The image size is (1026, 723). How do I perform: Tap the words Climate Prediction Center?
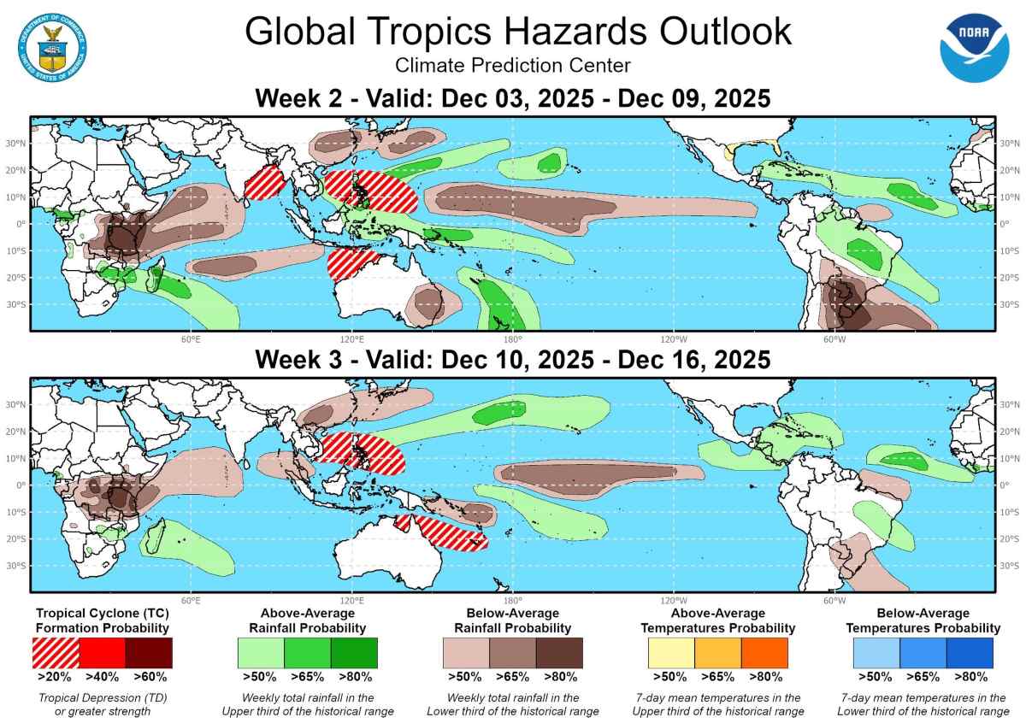513,66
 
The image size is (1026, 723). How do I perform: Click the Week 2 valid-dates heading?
513,99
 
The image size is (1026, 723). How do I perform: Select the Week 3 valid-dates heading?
513,360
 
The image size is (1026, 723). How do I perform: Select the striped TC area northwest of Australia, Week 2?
351,265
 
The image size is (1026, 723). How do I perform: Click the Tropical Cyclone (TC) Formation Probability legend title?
102,620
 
